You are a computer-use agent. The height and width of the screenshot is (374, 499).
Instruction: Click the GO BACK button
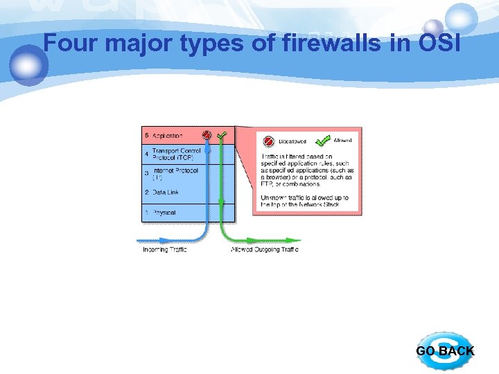[x=446, y=351]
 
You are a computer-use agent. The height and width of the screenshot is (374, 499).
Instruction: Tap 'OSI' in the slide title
[x=440, y=44]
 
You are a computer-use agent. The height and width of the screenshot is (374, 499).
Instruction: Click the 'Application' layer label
[x=167, y=136]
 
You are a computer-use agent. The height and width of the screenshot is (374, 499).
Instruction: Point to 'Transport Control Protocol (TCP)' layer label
[x=177, y=154]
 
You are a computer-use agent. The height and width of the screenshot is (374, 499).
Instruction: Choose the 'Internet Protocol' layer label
[x=175, y=170]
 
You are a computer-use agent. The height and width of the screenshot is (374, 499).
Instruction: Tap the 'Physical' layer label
[x=164, y=213]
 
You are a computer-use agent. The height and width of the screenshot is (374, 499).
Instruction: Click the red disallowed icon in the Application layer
[x=207, y=135]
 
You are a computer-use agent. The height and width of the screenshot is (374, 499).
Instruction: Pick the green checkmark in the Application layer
[x=222, y=135]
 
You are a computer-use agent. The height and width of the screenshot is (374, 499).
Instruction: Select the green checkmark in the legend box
[x=322, y=141]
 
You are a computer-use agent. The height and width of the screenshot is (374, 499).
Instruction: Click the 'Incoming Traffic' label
[x=165, y=249]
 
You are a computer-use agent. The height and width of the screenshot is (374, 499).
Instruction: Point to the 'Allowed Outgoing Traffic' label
[x=265, y=249]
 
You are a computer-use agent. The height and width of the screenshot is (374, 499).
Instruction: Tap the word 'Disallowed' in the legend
[x=292, y=142]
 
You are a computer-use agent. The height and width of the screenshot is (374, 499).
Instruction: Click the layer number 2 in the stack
[x=146, y=193]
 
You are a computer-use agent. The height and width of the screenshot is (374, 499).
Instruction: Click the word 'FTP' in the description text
[x=267, y=184]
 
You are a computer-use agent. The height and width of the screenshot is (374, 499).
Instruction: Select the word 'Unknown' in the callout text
[x=273, y=197]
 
